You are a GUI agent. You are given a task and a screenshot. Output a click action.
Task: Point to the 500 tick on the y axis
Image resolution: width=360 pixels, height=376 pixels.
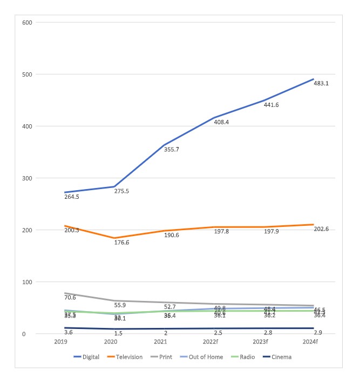point(26,75)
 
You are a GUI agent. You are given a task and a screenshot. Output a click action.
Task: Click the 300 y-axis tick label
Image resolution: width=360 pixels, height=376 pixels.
point(26,178)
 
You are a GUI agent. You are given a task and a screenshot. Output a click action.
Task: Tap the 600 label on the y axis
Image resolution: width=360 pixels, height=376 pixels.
point(26,23)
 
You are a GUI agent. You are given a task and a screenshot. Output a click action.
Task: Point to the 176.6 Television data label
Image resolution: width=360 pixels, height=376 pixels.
point(122,243)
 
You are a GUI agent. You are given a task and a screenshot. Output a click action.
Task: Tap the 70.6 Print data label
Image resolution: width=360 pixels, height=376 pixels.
point(70,297)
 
